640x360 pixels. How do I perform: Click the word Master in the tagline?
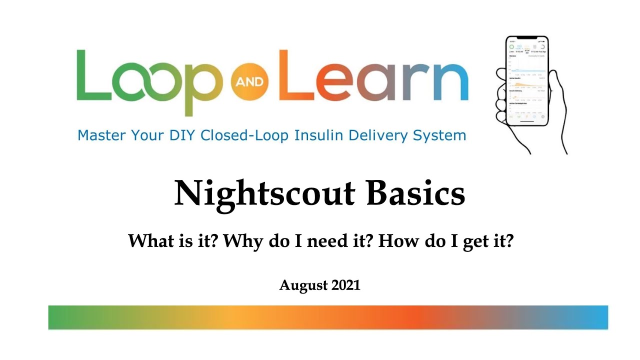point(101,135)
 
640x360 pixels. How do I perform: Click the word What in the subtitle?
point(146,242)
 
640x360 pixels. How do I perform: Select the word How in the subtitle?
point(394,242)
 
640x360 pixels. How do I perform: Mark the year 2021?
point(345,285)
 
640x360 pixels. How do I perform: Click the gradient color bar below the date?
point(328,317)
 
